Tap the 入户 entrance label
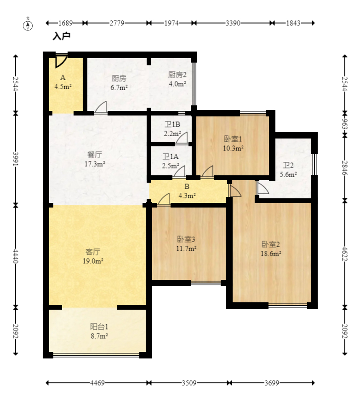(62, 36)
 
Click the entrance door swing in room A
(61, 61)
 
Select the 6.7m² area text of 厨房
(119, 87)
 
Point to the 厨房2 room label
(177, 75)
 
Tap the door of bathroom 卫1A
(179, 172)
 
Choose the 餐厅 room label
(95, 155)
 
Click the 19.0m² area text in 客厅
(93, 261)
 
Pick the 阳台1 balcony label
(99, 327)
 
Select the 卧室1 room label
(233, 139)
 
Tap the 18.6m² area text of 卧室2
(271, 254)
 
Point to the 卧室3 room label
(186, 239)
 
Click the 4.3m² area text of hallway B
(187, 196)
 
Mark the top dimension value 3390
(233, 23)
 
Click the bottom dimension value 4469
(97, 383)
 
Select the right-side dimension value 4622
(345, 254)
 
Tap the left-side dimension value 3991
(16, 159)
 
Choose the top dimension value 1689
(65, 23)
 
